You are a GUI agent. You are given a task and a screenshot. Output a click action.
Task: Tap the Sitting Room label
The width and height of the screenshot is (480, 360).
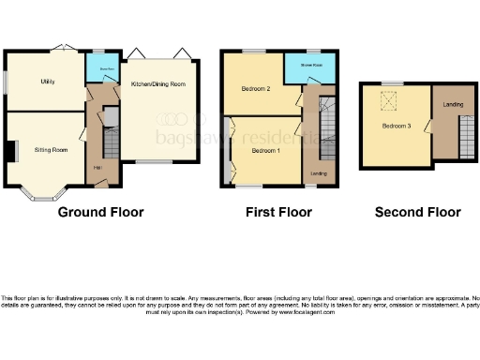coord(51,149)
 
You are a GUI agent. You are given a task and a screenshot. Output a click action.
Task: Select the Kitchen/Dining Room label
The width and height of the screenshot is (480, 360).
coord(157,84)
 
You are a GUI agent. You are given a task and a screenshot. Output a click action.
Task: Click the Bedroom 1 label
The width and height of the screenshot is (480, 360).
coord(265,150)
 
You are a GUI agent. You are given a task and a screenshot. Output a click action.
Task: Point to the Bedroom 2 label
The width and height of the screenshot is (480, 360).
coord(256,89)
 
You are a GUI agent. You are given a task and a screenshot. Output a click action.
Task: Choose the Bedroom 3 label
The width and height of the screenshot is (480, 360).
coord(396,126)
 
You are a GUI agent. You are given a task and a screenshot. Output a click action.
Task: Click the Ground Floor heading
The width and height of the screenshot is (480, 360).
coord(101,213)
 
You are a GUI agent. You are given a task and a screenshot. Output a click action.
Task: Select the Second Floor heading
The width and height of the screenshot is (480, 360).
coord(417,213)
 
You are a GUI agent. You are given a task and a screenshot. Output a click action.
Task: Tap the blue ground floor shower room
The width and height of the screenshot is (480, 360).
coord(99,68)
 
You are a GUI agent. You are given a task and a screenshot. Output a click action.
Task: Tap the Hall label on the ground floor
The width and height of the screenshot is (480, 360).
coord(97,168)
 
